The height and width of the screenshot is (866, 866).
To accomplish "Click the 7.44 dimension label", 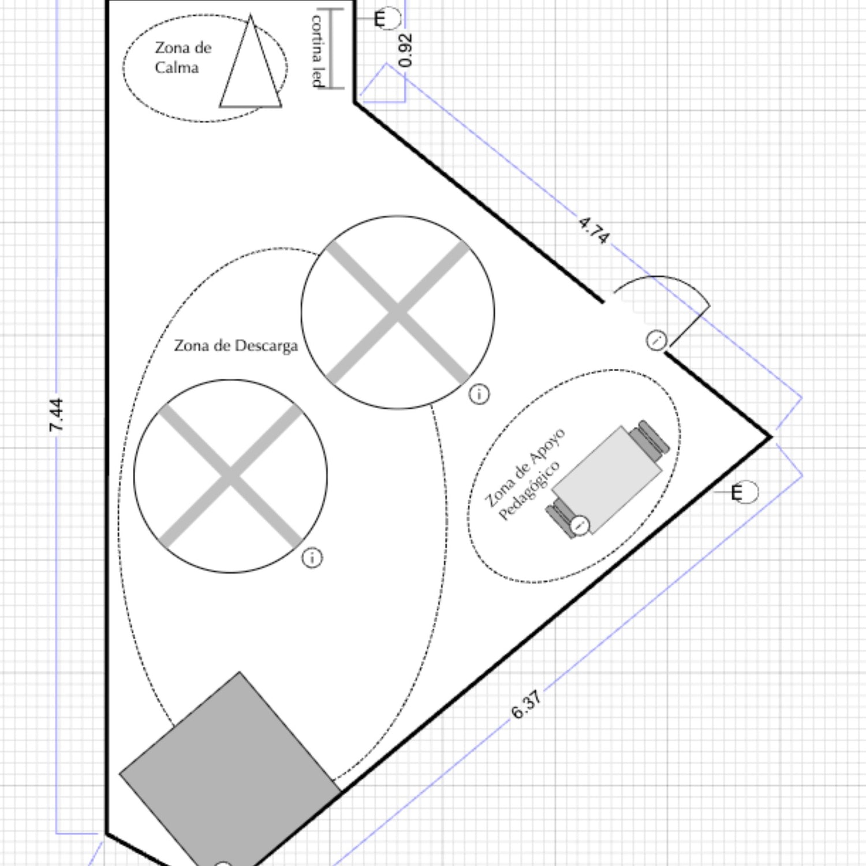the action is tap(57, 415).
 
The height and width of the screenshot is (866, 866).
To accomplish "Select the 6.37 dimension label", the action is tap(527, 705).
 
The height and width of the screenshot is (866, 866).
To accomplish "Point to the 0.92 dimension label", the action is tap(406, 50).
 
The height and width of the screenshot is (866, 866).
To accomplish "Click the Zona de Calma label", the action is tap(183, 57).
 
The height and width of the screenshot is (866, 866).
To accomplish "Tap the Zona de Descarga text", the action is tap(236, 345).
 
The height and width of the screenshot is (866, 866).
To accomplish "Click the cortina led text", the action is tap(318, 51).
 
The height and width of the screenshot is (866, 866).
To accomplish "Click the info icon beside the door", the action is tap(656, 340).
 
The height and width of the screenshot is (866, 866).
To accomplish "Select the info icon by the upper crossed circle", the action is tap(479, 394).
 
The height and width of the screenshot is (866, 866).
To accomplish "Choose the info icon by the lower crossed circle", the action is tap(312, 558).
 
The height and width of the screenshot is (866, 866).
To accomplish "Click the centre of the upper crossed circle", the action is tap(398, 312).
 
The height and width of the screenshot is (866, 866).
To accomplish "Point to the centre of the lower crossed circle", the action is tap(230, 476).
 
